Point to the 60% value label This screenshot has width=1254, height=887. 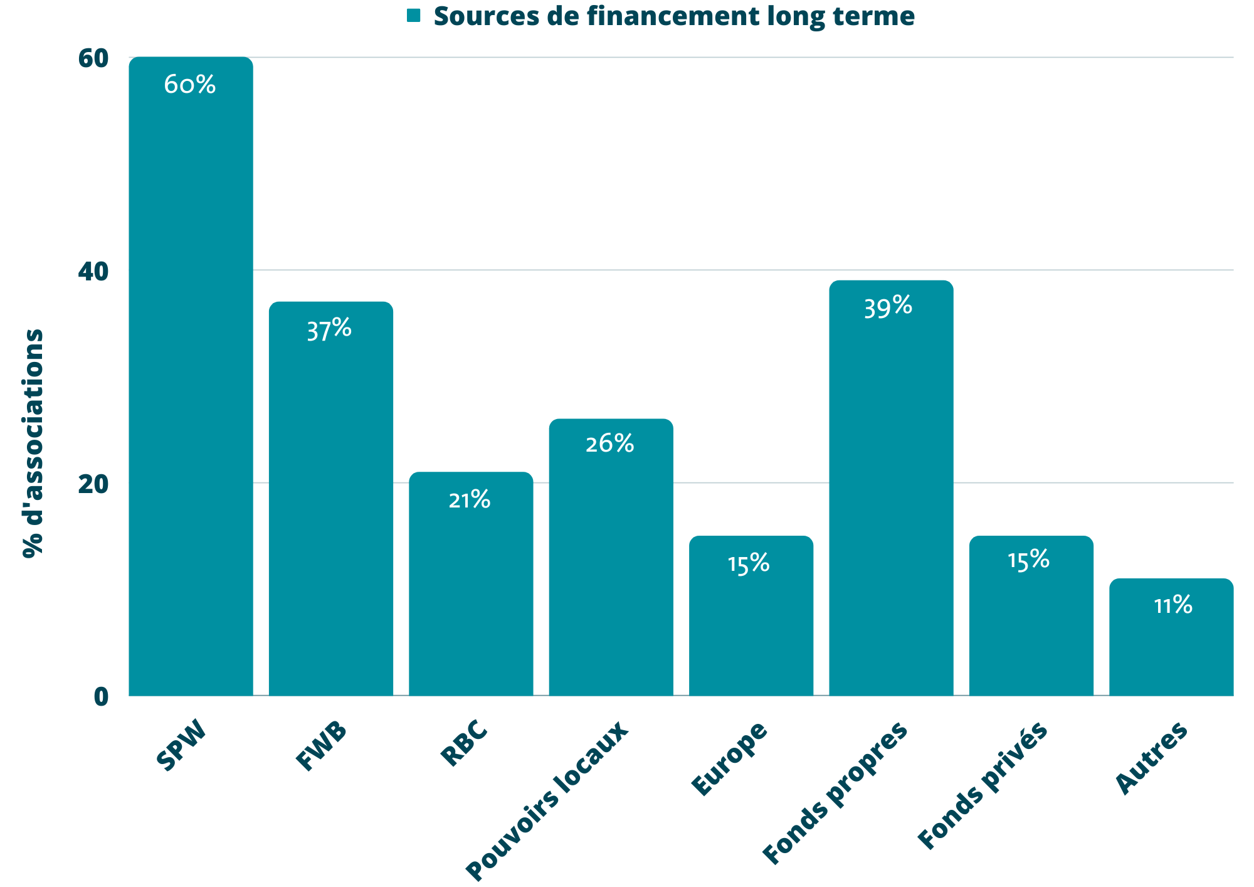pyautogui.click(x=190, y=85)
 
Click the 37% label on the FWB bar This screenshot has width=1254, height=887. pyautogui.click(x=329, y=329)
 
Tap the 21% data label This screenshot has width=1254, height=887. pyautogui.click(x=470, y=500)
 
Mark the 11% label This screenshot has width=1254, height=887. pyautogui.click(x=1173, y=605)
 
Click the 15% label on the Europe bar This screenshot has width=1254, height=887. pyautogui.click(x=749, y=564)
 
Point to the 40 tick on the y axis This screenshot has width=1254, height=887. pyautogui.click(x=93, y=272)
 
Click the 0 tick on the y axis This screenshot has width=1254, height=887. pyautogui.click(x=101, y=696)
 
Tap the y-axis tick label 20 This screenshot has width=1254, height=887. pyautogui.click(x=93, y=484)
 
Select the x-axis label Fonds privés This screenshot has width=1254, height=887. pyautogui.click(x=983, y=785)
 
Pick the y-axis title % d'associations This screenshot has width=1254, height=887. pyautogui.click(x=33, y=443)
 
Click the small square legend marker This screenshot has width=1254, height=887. pyautogui.click(x=414, y=16)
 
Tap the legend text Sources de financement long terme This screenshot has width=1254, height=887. pyautogui.click(x=674, y=16)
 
